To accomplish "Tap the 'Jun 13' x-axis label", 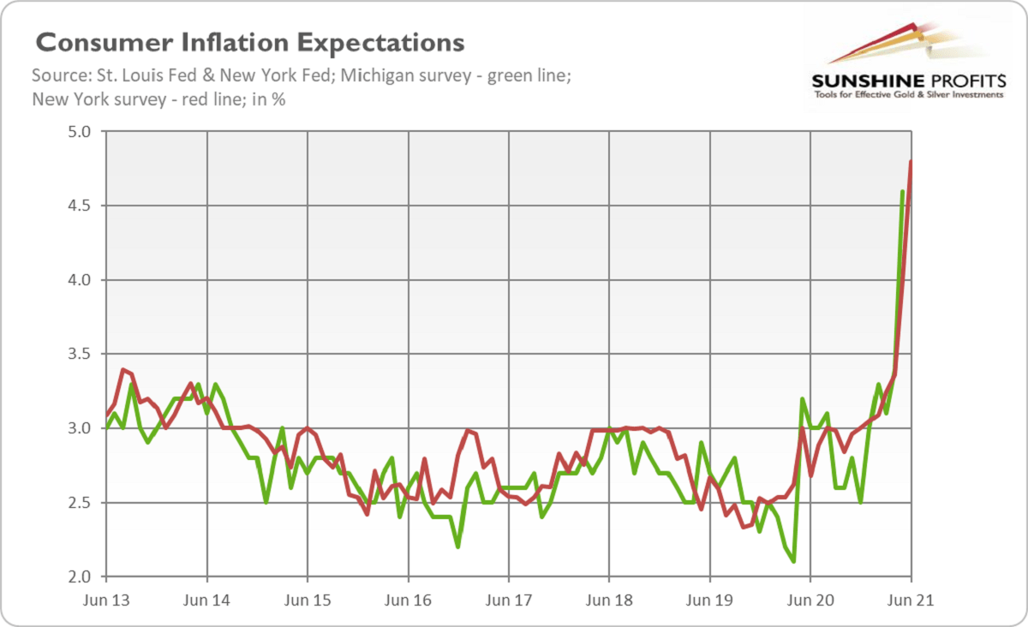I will tap(106, 600).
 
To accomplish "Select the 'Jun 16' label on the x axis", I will tap(408, 600).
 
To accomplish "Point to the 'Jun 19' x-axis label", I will tap(709, 600).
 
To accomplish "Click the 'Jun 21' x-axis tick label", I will tap(910, 600).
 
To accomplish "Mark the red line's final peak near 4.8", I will tap(911, 162).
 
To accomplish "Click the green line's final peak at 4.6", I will tap(902, 191).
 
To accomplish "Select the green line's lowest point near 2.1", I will tap(794, 561).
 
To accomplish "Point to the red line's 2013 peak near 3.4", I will tap(123, 369).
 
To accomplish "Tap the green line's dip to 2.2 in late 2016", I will tap(458, 546).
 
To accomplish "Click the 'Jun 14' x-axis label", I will tap(206, 600).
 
